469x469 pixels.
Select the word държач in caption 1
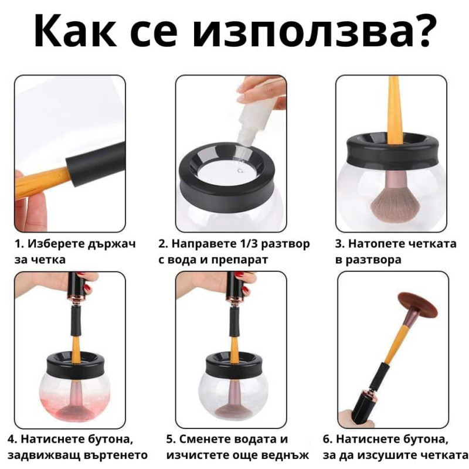(x=112, y=244)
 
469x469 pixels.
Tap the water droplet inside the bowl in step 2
(x=240, y=171)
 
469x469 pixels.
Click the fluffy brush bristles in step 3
(x=391, y=206)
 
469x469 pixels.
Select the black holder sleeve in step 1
(x=95, y=164)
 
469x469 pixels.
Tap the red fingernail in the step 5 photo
(x=244, y=289)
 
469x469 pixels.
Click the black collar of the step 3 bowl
(x=391, y=148)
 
